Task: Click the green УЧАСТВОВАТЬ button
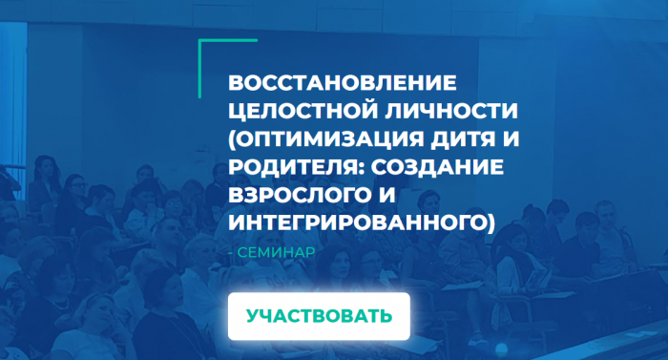click(319, 316)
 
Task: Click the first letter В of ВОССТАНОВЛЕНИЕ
click(236, 80)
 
